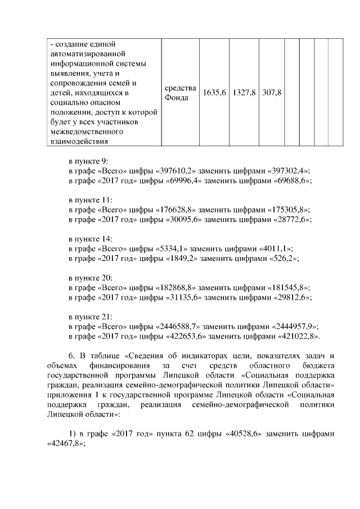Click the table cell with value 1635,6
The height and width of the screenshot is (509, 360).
(x=214, y=92)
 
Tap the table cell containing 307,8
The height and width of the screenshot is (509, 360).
(x=272, y=92)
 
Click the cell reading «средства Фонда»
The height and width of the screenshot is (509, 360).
(x=180, y=92)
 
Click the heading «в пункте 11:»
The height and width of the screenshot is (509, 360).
(x=91, y=200)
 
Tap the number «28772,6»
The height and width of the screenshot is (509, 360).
(x=287, y=219)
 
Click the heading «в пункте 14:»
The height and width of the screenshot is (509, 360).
(x=91, y=238)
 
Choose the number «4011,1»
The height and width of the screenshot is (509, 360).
(x=276, y=248)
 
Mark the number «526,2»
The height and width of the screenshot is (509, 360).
(x=280, y=258)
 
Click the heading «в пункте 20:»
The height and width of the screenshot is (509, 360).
(x=91, y=277)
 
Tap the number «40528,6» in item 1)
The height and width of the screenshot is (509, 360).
(x=242, y=434)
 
